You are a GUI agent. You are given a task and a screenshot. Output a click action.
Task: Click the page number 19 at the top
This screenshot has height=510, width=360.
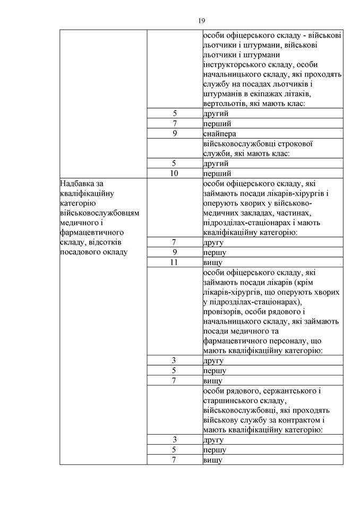pos(201,21)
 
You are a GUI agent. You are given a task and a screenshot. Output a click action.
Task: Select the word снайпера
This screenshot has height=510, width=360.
pos(219,133)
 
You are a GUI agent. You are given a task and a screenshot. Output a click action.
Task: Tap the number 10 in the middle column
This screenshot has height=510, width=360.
pos(174,173)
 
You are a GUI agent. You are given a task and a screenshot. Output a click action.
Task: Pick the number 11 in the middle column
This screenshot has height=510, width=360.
pos(174,262)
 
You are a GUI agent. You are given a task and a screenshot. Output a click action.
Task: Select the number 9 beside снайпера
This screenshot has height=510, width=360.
pos(174,133)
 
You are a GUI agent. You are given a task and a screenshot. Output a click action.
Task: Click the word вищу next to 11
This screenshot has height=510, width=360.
pos(212,262)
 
